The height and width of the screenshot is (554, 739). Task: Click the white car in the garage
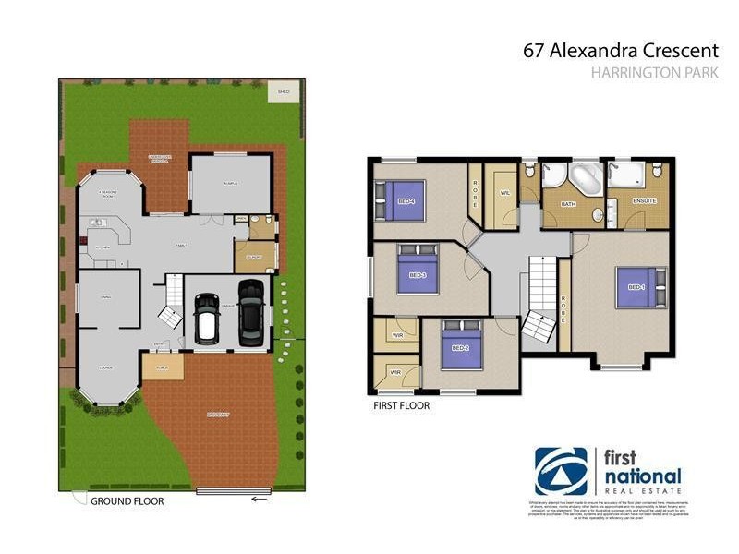click(x=206, y=325)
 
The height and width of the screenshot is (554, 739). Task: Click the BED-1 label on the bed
click(x=636, y=287)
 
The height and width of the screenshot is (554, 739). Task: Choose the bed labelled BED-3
click(x=417, y=274)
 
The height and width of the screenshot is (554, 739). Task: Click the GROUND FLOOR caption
click(x=127, y=501)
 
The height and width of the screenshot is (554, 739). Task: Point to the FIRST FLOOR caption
click(x=400, y=404)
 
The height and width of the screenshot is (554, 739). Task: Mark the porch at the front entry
click(x=162, y=367)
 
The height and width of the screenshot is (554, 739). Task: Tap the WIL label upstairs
click(x=504, y=193)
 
